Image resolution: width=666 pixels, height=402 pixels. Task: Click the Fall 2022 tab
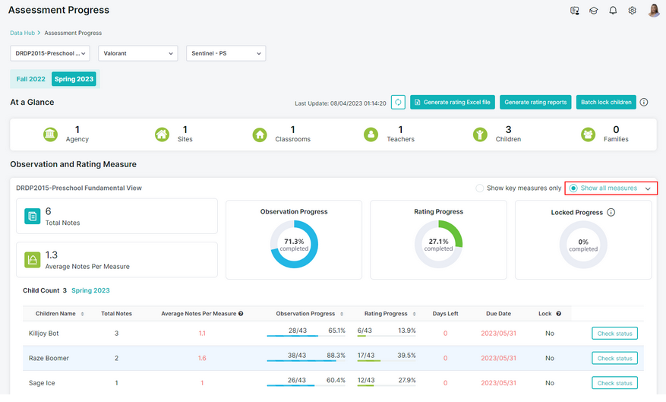coord(30,79)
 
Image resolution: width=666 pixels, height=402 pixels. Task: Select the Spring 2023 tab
coord(74,79)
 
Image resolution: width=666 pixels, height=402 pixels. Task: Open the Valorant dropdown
coord(138,53)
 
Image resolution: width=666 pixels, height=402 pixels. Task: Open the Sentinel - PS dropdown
coord(226,53)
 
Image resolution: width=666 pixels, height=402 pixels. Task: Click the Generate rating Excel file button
coord(453,102)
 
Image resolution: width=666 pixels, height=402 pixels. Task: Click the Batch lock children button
coord(606,102)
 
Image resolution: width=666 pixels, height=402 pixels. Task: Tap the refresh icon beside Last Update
coord(398,102)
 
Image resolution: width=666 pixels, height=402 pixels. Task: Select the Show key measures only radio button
coord(479,188)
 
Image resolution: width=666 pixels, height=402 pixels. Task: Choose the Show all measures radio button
coord(573,188)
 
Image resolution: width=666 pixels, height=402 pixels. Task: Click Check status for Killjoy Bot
coord(614,334)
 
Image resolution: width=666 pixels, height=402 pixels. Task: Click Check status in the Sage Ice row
coord(614,383)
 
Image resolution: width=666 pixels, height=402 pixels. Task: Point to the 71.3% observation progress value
coord(294,242)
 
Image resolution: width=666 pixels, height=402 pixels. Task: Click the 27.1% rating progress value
coord(438,242)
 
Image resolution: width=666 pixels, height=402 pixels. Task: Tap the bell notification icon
coord(613,11)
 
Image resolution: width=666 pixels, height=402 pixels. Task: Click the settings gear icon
coord(632,11)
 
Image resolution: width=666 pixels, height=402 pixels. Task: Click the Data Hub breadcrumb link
coord(23,33)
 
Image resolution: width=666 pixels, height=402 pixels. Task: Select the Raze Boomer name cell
coord(49,358)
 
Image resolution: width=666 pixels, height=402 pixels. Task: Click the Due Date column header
coord(499,314)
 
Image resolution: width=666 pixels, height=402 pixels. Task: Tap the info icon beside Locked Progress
coord(611,212)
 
